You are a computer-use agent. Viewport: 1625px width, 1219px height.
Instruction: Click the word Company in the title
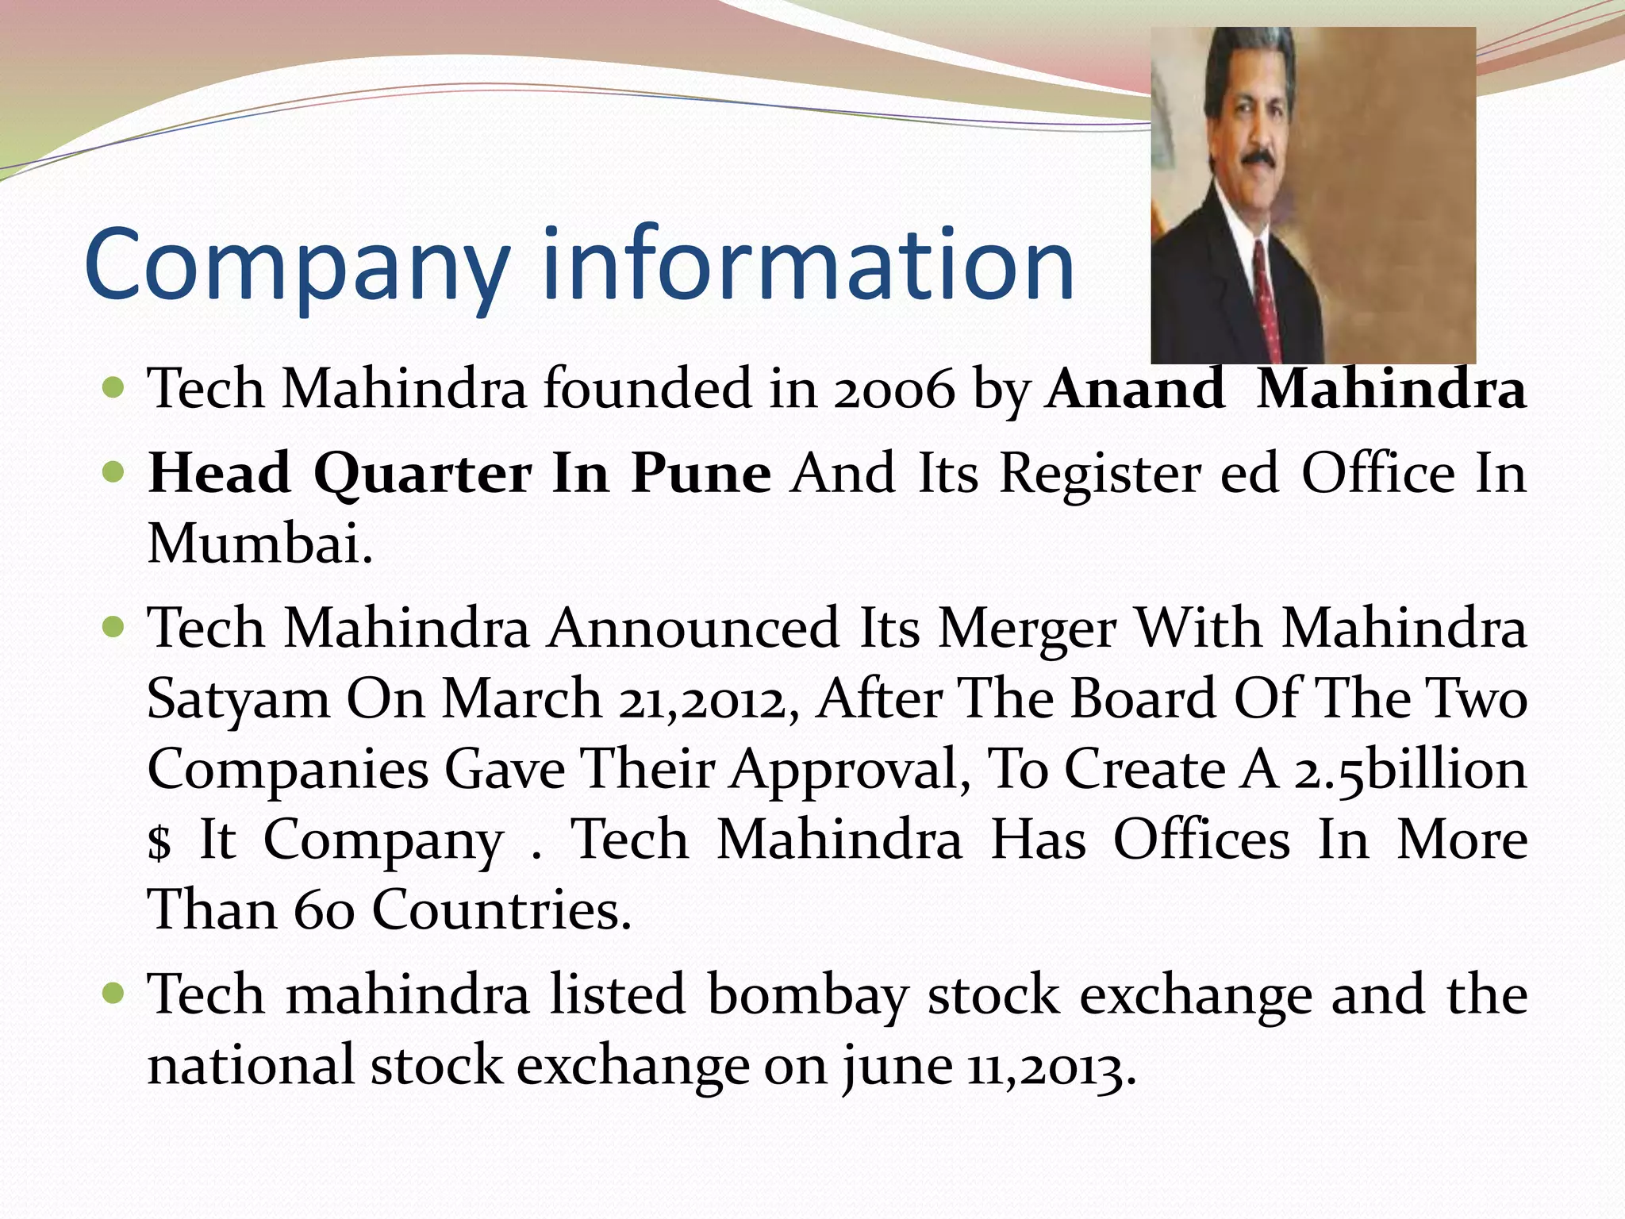click(296, 266)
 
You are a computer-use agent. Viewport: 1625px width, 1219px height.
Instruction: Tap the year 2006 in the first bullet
click(894, 390)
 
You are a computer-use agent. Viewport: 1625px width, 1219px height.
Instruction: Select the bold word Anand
click(1135, 390)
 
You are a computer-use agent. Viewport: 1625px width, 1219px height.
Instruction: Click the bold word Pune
click(701, 474)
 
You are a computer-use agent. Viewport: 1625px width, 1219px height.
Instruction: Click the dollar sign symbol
click(159, 841)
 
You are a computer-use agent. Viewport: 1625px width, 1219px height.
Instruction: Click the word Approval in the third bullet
click(850, 770)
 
